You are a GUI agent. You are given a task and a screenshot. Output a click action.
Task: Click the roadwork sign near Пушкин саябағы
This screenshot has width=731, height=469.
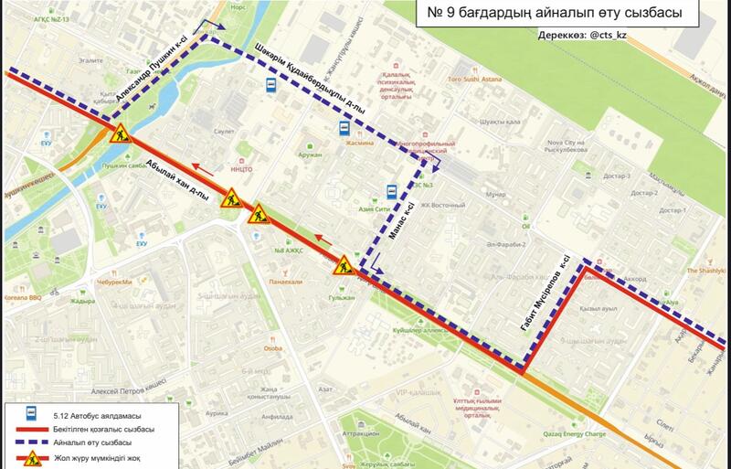(x=120, y=135)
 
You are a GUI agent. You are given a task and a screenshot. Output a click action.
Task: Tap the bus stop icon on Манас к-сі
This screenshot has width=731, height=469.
(x=391, y=192)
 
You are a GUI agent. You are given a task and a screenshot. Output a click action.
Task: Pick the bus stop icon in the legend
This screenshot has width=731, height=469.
(x=31, y=414)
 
